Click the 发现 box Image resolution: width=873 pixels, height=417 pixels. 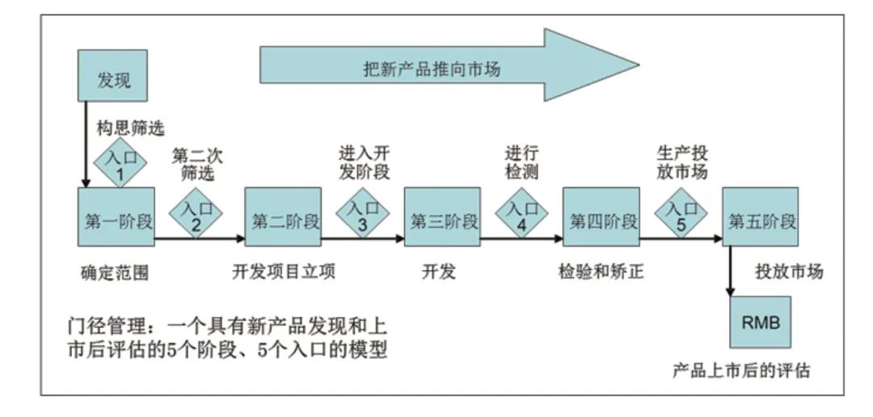(x=113, y=79)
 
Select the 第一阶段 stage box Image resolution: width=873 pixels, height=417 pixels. (x=117, y=217)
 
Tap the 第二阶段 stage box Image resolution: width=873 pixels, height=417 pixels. (x=284, y=217)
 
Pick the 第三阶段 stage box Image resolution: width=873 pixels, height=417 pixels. (x=442, y=217)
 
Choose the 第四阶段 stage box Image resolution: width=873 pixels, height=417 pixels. (x=601, y=217)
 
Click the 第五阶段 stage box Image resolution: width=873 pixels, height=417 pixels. (x=759, y=217)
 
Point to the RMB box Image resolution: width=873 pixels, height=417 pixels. (x=759, y=321)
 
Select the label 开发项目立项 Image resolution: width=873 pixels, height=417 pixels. (x=284, y=272)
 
